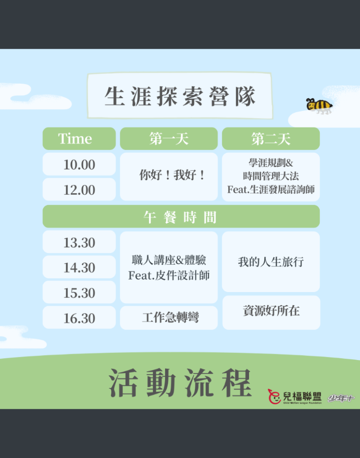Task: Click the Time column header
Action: [79, 139]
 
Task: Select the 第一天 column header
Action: [169, 139]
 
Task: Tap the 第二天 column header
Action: [271, 139]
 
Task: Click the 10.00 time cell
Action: [79, 164]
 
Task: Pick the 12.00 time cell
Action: [79, 189]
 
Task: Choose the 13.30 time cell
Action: [79, 242]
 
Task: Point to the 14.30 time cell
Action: [79, 267]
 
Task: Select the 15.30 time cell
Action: [79, 292]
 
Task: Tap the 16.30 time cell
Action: [79, 318]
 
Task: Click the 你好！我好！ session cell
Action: [169, 177]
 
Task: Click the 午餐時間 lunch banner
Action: [181, 216]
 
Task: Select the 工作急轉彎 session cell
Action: [169, 318]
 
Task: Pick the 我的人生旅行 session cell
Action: [271, 262]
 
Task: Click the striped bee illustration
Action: [319, 106]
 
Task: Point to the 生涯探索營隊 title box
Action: [180, 96]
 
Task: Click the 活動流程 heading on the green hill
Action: [180, 383]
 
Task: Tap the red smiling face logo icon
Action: [275, 397]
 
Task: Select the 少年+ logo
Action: [341, 399]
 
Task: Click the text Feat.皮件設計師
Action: [169, 275]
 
